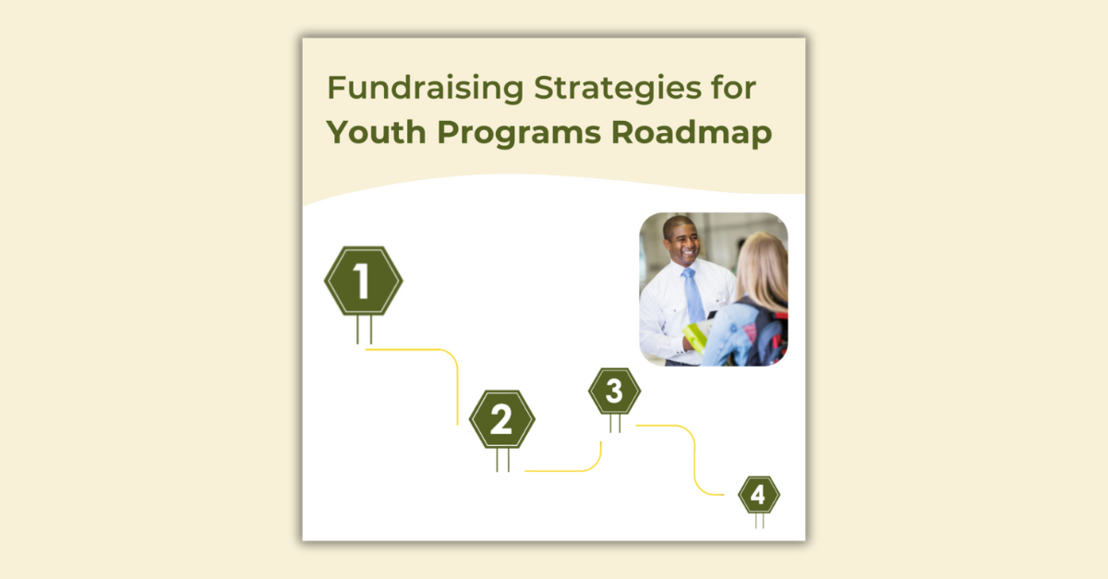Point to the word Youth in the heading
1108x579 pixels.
point(376,133)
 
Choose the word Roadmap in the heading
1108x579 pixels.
point(692,133)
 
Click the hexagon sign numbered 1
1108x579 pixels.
point(363,282)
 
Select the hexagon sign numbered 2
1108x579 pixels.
point(501,420)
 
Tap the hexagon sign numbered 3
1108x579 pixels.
point(614,392)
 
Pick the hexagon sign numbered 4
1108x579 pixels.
point(758,496)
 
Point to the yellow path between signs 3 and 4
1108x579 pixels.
point(693,462)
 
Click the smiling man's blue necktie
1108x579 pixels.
point(692,296)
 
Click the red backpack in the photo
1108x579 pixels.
point(774,337)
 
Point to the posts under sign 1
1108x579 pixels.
point(364,330)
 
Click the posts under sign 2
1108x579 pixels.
point(502,460)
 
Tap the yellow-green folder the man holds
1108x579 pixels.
point(694,337)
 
